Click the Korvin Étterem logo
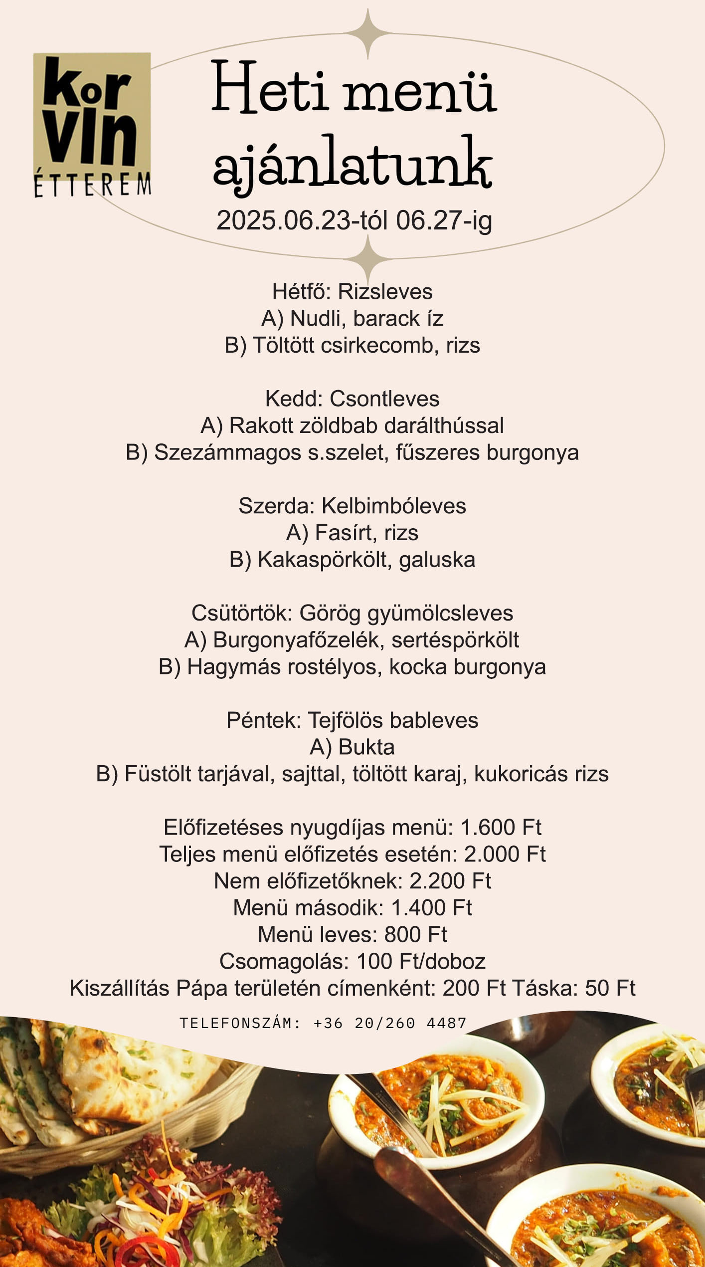[92, 124]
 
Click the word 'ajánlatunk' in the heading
[353, 163]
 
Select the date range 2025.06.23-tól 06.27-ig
[354, 220]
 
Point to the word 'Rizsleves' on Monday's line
[385, 292]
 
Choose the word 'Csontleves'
[384, 399]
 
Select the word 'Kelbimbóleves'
[394, 506]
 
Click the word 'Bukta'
[366, 747]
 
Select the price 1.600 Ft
[501, 828]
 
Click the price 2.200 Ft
[450, 881]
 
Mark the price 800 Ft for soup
[416, 935]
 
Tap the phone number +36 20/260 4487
[390, 1024]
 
